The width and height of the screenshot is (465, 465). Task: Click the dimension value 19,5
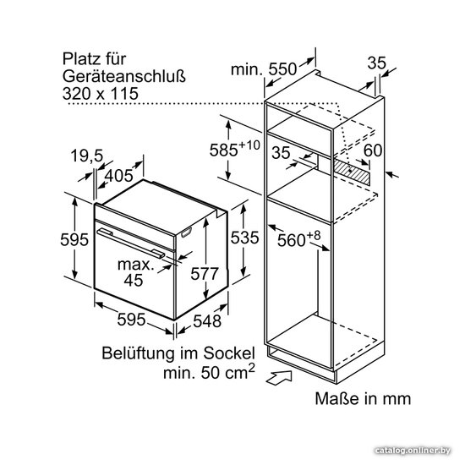pos(87,156)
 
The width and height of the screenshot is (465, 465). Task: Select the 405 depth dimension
pos(118,176)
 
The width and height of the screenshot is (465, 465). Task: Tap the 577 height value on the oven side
pos(205,274)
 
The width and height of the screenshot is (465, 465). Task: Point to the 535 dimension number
pos(244,238)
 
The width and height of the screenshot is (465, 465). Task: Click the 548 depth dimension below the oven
pos(207,321)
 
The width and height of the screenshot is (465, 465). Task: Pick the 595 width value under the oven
pos(131,320)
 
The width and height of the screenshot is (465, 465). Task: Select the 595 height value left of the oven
pos(74,239)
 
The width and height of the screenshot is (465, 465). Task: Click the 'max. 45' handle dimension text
pos(135,272)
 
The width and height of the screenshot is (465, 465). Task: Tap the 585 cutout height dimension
pos(234,148)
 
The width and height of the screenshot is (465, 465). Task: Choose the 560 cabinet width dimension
pos(299,239)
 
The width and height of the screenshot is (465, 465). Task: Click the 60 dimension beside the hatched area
pos(373,150)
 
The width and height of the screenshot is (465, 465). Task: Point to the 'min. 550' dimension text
pos(264,69)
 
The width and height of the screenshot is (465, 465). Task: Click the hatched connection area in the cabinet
pos(352,172)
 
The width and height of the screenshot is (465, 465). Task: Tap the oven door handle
pos(131,243)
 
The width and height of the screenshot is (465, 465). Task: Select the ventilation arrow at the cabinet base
pos(279,378)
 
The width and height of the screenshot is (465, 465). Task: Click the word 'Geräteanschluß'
pos(124,76)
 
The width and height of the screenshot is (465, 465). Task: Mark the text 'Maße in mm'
pos(363,398)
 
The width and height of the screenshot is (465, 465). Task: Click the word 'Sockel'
pos(229,353)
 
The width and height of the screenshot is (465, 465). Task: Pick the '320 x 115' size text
pos(101,93)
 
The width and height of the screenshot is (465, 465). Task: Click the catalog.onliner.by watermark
pos(413,451)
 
